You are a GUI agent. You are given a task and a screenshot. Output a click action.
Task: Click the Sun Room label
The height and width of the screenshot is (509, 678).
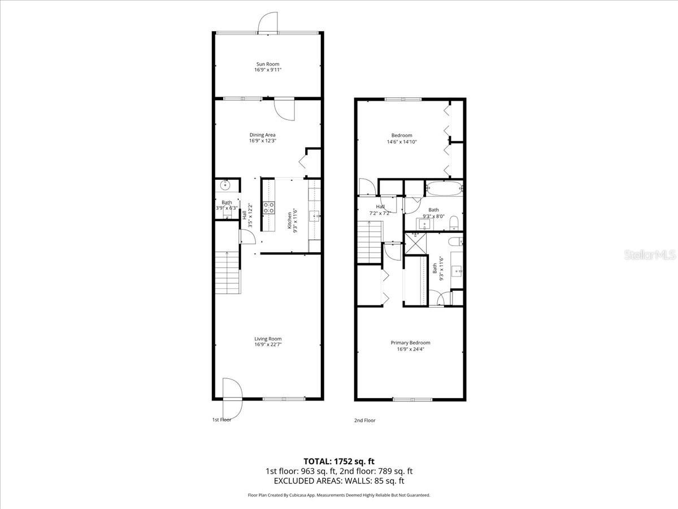pos(267,64)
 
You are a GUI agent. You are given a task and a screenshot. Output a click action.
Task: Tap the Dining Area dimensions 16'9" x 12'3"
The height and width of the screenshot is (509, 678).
pos(262,141)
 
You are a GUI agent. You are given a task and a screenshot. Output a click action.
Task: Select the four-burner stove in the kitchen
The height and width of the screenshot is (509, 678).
pos(269,208)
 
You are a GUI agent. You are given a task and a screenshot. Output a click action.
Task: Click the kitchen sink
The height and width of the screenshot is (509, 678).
pos(315,215)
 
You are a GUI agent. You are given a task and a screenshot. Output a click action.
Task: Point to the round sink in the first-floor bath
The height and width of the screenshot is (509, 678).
pos(225,184)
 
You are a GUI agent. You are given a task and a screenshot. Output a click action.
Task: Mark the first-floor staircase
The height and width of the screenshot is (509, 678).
pos(228,272)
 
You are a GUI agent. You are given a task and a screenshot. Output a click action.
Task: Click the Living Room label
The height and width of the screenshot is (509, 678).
pos(267,339)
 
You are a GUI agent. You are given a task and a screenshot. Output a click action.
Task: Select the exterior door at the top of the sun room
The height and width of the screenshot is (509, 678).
pos(267,21)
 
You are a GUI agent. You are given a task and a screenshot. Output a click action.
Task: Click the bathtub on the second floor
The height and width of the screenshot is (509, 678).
pos(444,188)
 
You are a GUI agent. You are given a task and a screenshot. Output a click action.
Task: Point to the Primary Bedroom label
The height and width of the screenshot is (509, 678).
pos(410,343)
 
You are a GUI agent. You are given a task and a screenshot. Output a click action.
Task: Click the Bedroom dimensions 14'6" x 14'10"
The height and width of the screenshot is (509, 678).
pos(402,142)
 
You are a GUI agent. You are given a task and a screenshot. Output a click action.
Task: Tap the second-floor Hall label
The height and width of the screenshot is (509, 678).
pos(381,207)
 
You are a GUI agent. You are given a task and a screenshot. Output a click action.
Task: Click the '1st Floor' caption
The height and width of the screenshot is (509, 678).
pos(221,420)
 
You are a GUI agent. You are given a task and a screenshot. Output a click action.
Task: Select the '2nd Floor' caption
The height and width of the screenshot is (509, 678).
pos(364,420)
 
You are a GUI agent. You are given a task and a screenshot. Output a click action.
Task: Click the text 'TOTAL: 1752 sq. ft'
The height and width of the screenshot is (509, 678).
pos(339,461)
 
